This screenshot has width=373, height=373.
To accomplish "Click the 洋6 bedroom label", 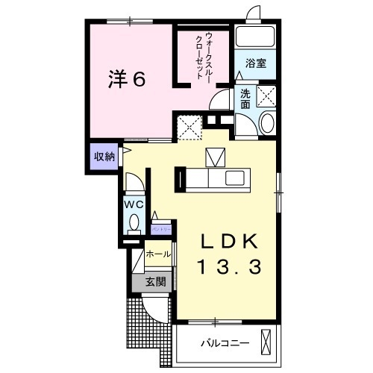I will [127, 78].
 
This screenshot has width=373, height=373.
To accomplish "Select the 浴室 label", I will [256, 64].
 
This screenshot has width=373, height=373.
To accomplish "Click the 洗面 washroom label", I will [245, 100].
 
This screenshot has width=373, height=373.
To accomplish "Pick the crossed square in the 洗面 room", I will [266, 95].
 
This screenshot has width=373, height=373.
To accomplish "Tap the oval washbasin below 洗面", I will [267, 124].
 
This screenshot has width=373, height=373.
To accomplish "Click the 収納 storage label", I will [104, 157].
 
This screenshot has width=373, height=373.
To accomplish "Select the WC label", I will [134, 204].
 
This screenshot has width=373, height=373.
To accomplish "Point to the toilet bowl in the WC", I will [134, 222].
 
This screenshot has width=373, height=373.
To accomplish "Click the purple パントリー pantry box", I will [163, 228].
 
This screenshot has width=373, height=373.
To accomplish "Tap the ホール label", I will [158, 254].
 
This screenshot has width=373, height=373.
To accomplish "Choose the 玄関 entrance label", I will [154, 282].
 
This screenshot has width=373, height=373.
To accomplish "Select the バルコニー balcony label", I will [222, 344].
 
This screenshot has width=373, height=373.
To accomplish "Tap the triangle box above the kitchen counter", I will [214, 157].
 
